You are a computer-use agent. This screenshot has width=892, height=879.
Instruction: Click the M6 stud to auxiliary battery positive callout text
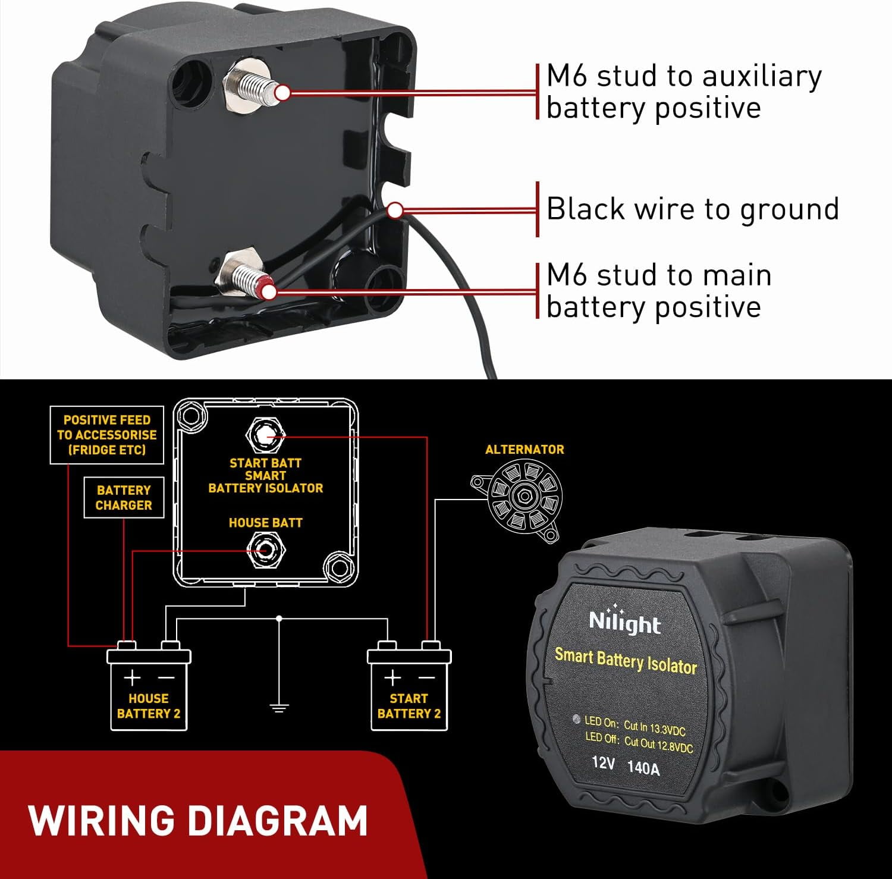684,92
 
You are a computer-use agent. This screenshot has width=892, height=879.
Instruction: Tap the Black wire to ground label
693,209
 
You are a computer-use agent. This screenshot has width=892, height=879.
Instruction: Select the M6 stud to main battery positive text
659,291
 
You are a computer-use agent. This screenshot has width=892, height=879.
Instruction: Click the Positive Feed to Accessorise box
107,435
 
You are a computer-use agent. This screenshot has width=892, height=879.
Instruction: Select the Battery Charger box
124,497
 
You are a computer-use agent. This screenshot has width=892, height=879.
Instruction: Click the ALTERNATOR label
524,450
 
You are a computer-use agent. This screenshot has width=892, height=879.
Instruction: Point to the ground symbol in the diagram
279,707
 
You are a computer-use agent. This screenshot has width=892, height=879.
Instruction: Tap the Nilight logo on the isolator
624,623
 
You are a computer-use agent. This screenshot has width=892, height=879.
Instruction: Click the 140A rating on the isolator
643,768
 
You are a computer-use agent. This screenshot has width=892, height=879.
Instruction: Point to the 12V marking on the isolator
603,762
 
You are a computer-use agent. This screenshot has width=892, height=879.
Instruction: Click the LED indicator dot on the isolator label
576,719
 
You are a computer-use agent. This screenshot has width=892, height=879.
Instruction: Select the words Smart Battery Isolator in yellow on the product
626,660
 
